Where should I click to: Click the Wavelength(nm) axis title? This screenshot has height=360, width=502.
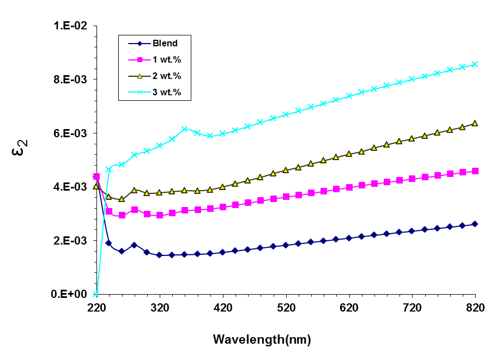[x=262, y=340]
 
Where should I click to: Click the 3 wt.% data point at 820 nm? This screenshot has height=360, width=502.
[x=475, y=64]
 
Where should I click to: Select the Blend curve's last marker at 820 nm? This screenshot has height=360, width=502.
[x=475, y=224]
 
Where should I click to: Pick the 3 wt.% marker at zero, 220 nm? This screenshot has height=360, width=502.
[x=96, y=294]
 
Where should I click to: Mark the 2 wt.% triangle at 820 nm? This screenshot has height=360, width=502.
[x=475, y=123]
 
